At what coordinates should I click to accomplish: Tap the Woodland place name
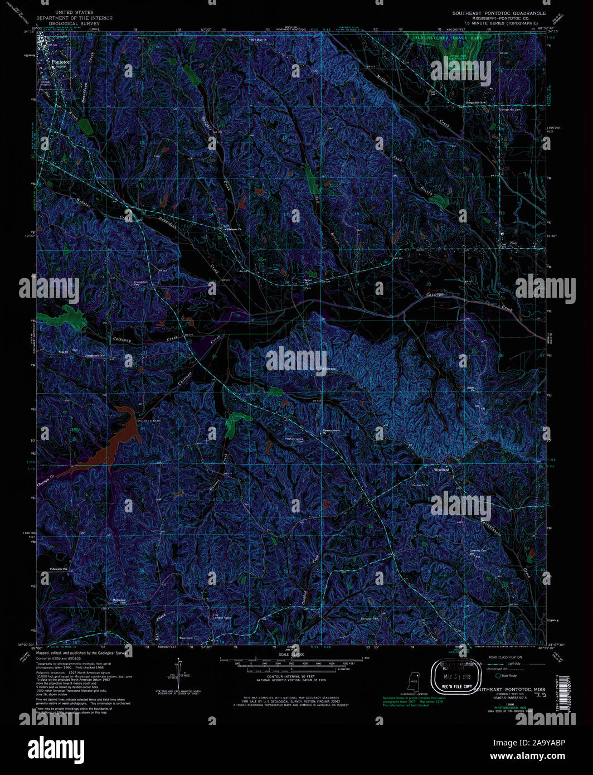[x=442, y=470]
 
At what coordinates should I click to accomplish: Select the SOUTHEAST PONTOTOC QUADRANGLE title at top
[x=499, y=12]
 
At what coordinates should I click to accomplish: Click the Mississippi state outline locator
[x=414, y=681]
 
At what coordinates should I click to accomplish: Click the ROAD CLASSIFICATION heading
[x=505, y=657]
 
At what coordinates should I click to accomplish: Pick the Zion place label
[x=513, y=244]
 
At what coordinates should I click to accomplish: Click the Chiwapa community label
[x=329, y=369]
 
